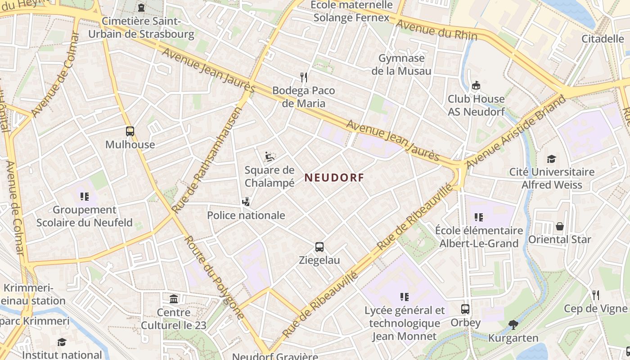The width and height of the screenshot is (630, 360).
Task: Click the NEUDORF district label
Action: [x=334, y=178]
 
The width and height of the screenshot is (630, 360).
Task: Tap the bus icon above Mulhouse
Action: [x=130, y=131]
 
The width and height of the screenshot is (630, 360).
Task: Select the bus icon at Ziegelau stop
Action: [x=319, y=247]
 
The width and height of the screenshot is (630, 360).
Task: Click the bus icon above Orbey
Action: [x=465, y=310]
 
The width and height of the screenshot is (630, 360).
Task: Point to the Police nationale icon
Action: [x=246, y=202]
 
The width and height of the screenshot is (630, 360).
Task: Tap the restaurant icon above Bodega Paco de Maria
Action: [x=304, y=77]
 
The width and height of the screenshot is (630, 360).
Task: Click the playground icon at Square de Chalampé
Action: [x=270, y=157]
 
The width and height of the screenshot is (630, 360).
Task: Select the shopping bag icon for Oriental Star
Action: [x=560, y=226]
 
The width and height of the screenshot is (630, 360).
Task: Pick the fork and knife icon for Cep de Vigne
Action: [x=596, y=295]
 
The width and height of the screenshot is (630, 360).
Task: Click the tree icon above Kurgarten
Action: [x=513, y=324]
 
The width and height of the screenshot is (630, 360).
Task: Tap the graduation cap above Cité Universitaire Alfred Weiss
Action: [x=551, y=159]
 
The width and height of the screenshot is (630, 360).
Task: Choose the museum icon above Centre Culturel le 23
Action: [x=174, y=299]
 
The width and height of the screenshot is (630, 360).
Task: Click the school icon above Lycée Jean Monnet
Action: [x=404, y=297]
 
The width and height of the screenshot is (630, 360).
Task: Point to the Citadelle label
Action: [x=603, y=39]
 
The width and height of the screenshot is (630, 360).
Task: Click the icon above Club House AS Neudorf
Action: [x=476, y=85]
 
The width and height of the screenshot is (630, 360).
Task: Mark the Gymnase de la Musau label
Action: [x=401, y=64]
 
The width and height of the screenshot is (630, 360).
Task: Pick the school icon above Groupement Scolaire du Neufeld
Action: [x=84, y=197]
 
